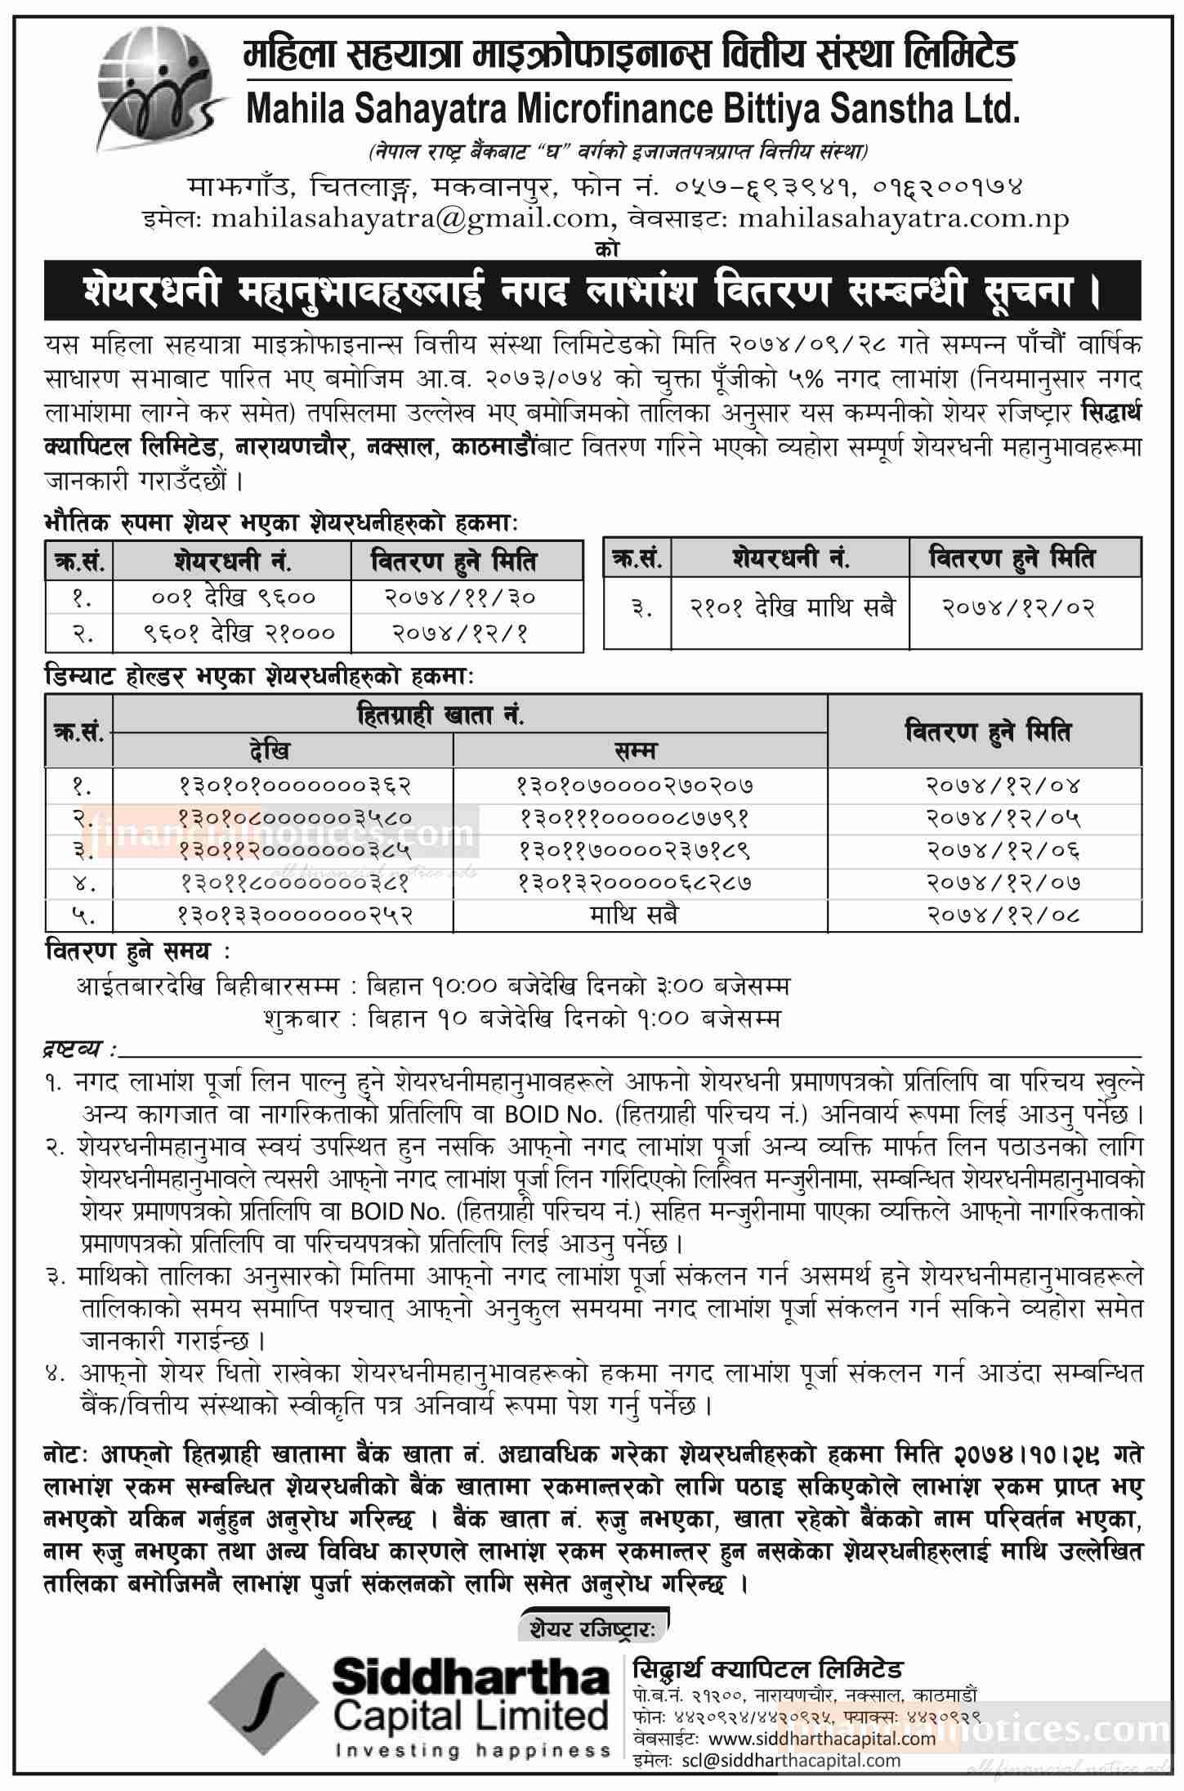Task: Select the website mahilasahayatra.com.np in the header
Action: (903, 218)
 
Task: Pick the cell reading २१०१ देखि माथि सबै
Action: (789, 607)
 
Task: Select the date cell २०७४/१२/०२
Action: (1025, 607)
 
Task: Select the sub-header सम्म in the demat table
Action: (640, 749)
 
